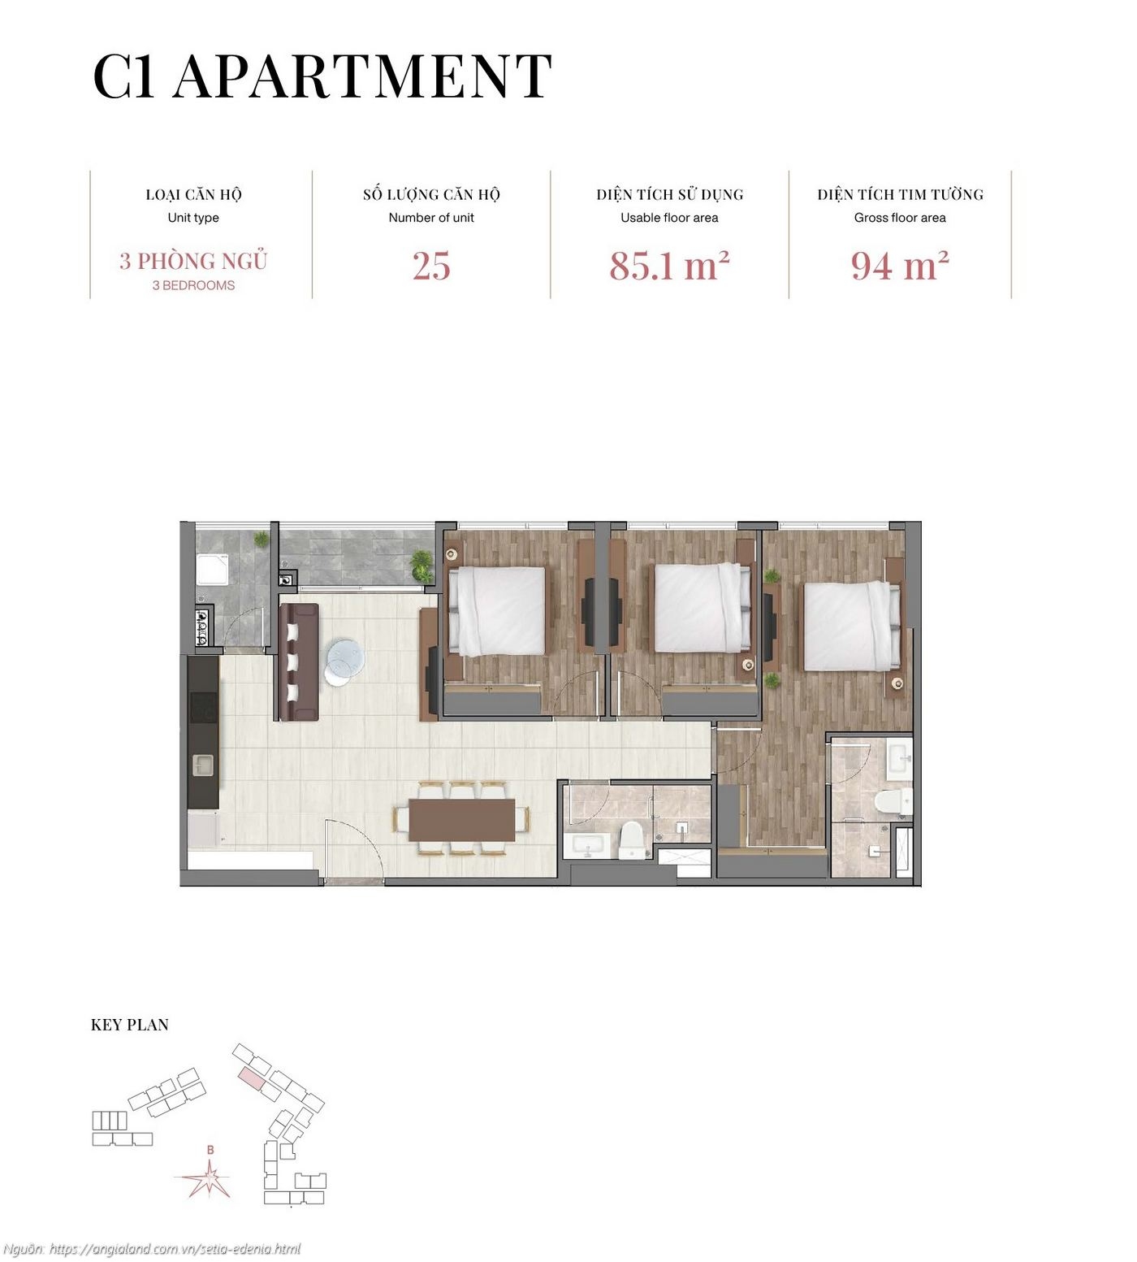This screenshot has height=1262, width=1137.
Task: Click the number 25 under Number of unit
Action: (x=430, y=266)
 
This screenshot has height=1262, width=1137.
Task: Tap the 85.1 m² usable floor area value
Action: (x=669, y=266)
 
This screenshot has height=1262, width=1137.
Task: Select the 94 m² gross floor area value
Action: (x=900, y=266)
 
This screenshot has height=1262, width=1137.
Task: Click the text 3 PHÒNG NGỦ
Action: (x=193, y=262)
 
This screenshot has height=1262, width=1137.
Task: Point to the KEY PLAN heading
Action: (x=130, y=1025)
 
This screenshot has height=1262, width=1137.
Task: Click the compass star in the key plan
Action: (x=210, y=1177)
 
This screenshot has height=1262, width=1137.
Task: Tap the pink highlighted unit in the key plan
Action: (x=252, y=1078)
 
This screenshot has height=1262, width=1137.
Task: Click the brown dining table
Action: (x=461, y=819)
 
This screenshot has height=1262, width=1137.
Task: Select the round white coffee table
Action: (x=344, y=659)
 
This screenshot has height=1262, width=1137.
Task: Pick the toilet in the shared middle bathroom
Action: (x=631, y=839)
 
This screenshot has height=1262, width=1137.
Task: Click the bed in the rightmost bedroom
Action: (x=852, y=626)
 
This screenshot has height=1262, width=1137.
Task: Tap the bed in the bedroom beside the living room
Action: (x=496, y=610)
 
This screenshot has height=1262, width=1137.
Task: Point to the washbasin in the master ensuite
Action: (x=900, y=756)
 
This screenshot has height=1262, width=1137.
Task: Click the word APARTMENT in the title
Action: (x=362, y=76)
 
